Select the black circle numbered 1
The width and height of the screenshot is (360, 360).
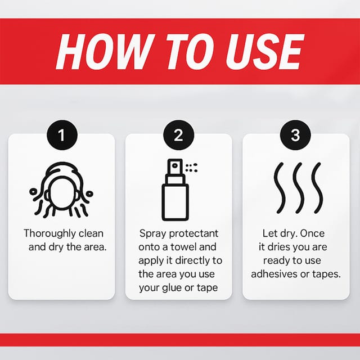tap(62, 135)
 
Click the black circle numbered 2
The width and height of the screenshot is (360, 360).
tap(179, 135)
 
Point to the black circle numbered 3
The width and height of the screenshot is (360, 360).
tap(295, 135)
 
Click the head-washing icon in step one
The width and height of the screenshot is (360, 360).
tap(61, 190)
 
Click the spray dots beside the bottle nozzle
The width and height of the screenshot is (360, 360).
tap(191, 168)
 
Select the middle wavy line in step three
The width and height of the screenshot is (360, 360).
tap(299, 188)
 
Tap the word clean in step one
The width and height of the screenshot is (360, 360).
tap(91, 233)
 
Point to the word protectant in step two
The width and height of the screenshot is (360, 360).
tap(193, 234)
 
